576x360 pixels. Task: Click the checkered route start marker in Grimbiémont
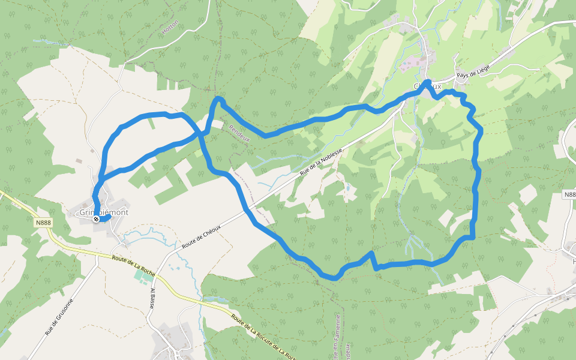tap(96, 219)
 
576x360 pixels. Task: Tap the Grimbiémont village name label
tap(104, 212)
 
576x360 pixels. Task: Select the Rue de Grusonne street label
tap(58, 316)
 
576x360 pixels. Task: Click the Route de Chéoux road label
tap(201, 237)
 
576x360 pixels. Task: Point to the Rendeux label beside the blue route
tap(239, 133)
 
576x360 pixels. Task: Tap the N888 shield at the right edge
tap(569, 195)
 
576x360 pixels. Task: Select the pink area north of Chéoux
tap(410, 63)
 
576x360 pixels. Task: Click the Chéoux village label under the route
tap(428, 87)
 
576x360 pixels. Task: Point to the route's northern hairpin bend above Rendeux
tap(218, 99)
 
